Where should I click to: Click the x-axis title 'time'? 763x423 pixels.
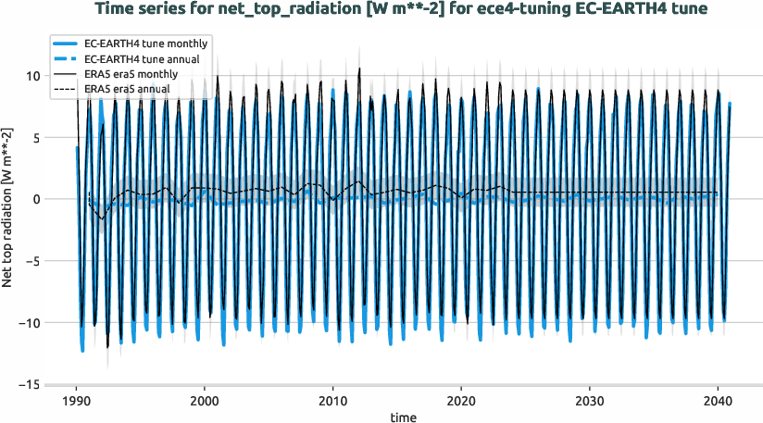click(403, 417)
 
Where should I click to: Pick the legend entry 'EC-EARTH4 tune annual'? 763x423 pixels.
click(144, 59)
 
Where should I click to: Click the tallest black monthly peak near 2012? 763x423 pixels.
click(359, 68)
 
